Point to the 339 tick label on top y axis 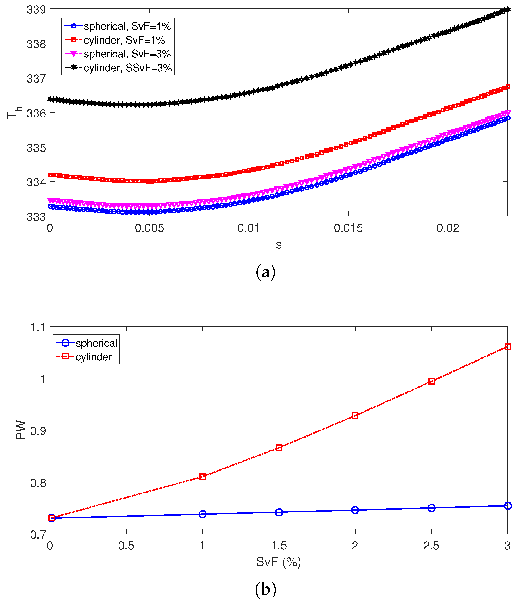(x=36, y=10)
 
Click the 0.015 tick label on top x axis (x=348, y=228)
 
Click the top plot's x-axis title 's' (x=279, y=245)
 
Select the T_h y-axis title (x=14, y=112)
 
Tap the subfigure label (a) (x=265, y=272)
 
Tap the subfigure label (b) (x=265, y=589)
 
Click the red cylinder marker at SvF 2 (x=355, y=416)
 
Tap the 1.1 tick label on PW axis (x=38, y=327)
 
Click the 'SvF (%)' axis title (x=279, y=562)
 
